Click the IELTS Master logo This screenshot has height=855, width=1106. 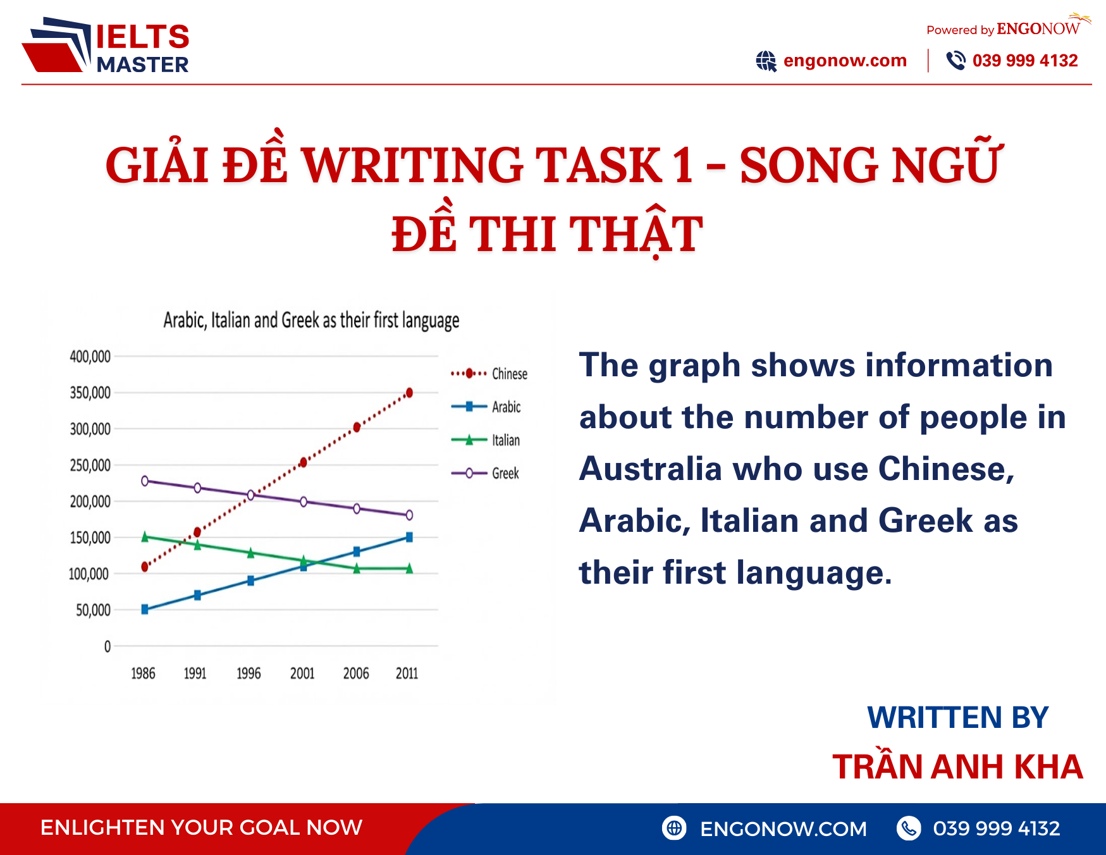coord(106,46)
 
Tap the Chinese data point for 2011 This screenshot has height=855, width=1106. coord(409,393)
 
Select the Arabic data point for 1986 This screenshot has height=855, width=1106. coord(145,609)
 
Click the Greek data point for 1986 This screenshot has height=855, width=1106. coord(145,481)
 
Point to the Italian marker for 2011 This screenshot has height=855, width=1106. coord(409,569)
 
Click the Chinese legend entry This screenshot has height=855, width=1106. coord(489,374)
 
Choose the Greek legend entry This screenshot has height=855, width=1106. coord(486,473)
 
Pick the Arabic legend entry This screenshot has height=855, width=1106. coord(486,407)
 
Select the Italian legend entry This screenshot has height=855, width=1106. coord(486,440)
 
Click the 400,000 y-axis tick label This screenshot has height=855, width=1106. coord(90,357)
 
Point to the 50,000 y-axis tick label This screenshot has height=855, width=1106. coord(93,610)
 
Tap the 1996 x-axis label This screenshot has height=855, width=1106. coord(249,674)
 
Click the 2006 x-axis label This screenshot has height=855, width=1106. coord(356,674)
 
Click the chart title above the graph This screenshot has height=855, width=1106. coord(311,321)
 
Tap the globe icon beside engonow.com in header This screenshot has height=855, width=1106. coord(766,61)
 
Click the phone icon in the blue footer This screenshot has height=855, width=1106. coord(909,828)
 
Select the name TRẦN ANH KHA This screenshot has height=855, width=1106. coord(957,767)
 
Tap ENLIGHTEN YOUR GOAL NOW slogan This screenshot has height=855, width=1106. coord(201,827)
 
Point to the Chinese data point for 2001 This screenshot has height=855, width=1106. coord(303,463)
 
